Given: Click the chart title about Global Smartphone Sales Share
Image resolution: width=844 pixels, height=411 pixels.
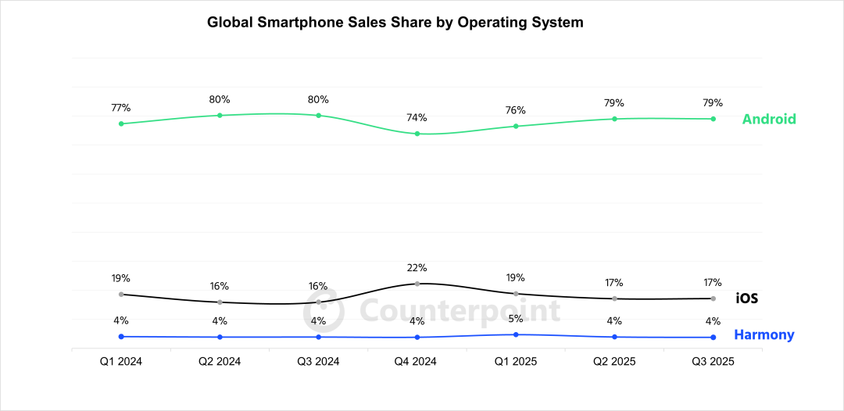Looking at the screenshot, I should pyautogui.click(x=395, y=23).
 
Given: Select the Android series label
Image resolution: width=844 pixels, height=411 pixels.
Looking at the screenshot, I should pyautogui.click(x=769, y=120).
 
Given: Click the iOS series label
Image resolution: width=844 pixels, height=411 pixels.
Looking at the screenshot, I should pyautogui.click(x=747, y=298).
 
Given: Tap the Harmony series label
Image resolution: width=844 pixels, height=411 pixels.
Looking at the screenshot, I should pyautogui.click(x=764, y=335).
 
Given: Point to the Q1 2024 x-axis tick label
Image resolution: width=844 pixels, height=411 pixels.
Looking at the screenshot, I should pyautogui.click(x=121, y=362).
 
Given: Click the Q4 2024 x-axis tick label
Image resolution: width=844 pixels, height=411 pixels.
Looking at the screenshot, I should pyautogui.click(x=417, y=362).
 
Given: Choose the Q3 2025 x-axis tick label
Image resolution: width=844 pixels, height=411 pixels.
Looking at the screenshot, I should pyautogui.click(x=713, y=362).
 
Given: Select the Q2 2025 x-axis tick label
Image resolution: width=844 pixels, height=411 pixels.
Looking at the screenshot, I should pyautogui.click(x=614, y=362).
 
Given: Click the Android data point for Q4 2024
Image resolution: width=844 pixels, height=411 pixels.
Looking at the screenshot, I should pyautogui.click(x=417, y=134).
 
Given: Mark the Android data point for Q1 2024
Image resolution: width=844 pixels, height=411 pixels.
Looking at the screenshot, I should pyautogui.click(x=121, y=123).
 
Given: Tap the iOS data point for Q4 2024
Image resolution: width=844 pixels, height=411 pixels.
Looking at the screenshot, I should pyautogui.click(x=417, y=284).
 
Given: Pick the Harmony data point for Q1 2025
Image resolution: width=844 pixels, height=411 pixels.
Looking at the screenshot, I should pyautogui.click(x=516, y=334).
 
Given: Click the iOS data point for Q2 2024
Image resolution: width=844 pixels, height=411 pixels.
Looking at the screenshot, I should pyautogui.click(x=220, y=302).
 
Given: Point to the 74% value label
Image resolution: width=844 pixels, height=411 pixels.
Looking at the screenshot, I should pyautogui.click(x=417, y=118).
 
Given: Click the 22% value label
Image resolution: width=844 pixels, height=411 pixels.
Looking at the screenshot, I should pyautogui.click(x=417, y=268).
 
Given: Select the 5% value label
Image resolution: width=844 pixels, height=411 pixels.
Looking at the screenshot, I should pyautogui.click(x=515, y=319).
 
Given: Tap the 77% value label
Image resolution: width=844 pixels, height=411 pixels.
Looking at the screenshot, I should pyautogui.click(x=121, y=108).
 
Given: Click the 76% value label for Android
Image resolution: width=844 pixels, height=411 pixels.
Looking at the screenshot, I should pyautogui.click(x=515, y=110).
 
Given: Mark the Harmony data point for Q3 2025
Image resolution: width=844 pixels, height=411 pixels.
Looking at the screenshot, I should pyautogui.click(x=713, y=338).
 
